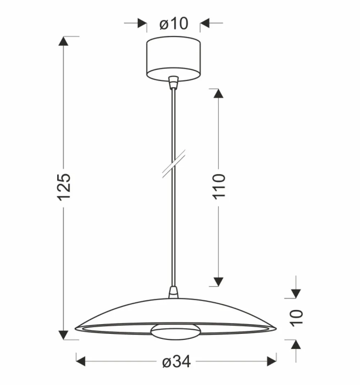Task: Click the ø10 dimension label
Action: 174,24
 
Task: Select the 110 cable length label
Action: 219,185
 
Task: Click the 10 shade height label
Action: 297,318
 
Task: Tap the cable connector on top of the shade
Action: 174,292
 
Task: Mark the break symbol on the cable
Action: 174,164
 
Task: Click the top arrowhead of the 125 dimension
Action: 64,41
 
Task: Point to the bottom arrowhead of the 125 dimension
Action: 64,335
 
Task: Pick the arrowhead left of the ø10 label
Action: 142,24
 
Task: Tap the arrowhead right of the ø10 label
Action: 205,24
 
